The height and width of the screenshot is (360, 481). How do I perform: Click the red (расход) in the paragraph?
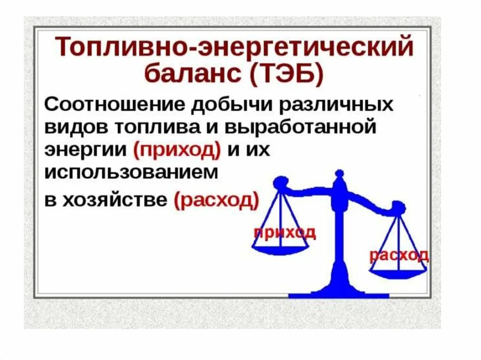(217, 200)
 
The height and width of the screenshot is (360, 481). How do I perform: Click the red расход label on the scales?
(398, 255)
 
